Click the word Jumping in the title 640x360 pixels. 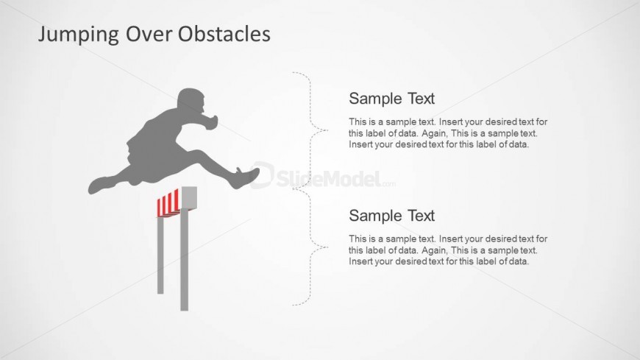pos(79,35)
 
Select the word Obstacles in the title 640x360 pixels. pos(224,34)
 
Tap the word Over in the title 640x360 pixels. pos(149,34)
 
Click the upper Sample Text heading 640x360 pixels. pos(391,99)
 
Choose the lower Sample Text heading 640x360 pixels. pos(391,216)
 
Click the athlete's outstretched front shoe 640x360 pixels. pos(247,177)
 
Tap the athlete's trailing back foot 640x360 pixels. pos(98,185)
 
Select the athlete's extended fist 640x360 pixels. pos(211,121)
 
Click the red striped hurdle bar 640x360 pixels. pos(168,202)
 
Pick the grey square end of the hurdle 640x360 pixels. pos(189,198)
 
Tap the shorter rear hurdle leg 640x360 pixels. pos(160,255)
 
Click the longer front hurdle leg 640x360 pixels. pos(185,259)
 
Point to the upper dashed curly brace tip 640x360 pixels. pos(327,130)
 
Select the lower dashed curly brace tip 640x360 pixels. pos(327,247)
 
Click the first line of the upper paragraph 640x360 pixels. pos(448,121)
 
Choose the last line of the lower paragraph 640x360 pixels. pos(438,261)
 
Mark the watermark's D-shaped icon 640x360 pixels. pos(262,175)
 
